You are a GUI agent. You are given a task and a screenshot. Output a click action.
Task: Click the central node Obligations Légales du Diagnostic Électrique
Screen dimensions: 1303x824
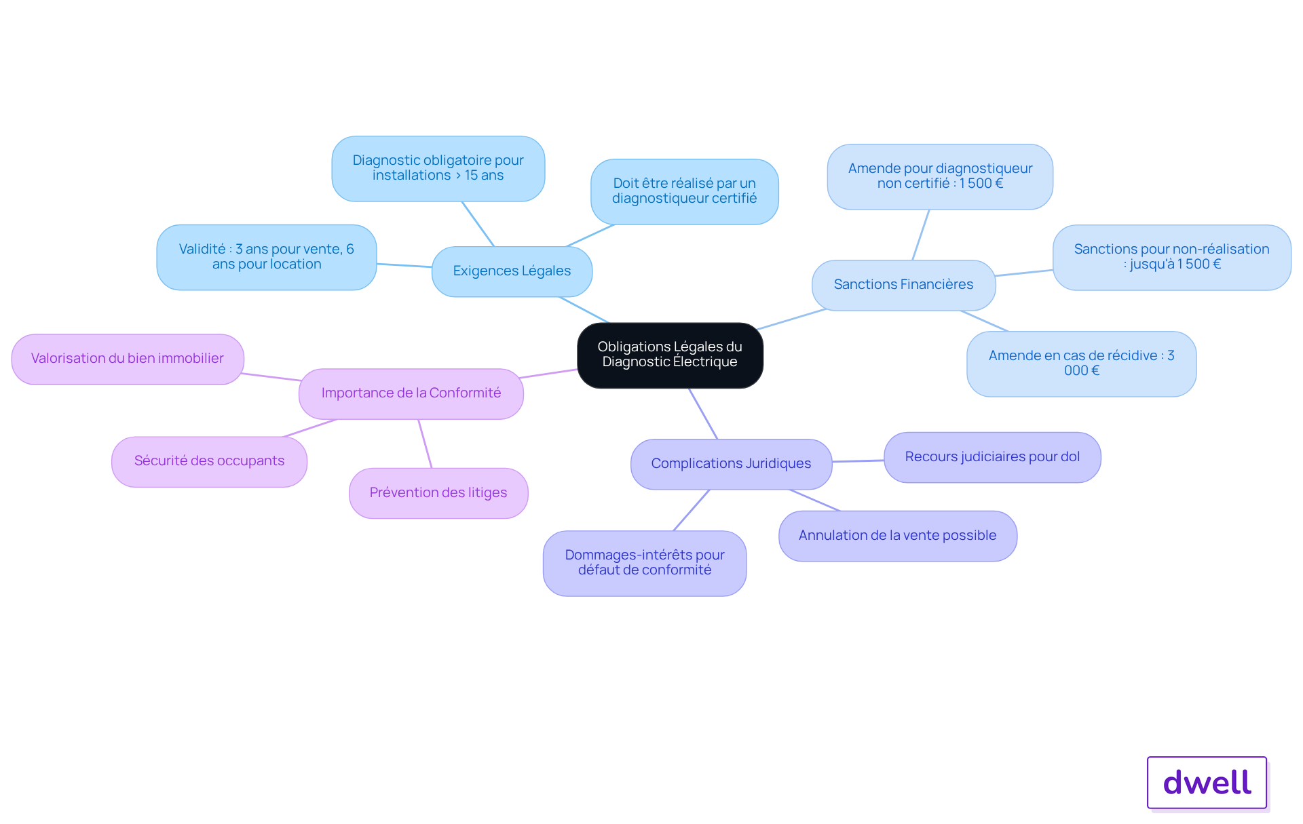pos(670,355)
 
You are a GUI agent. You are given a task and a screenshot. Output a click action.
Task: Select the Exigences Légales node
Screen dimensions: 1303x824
pos(512,271)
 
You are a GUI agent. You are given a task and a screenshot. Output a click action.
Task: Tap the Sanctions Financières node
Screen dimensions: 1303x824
pos(903,285)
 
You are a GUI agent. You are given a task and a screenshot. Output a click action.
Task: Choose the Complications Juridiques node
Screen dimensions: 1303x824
pos(731,464)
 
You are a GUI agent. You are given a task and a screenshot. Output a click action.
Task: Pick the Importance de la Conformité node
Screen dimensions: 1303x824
pos(411,393)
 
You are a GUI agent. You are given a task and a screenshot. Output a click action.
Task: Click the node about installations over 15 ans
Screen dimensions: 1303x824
pos(438,168)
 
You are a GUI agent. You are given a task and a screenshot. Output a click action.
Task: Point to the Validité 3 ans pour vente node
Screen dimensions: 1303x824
pos(266,257)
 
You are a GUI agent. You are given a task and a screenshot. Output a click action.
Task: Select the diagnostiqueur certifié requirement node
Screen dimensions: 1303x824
pos(684,191)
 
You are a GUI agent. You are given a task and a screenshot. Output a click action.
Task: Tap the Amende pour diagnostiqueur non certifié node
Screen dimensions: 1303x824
pos(940,176)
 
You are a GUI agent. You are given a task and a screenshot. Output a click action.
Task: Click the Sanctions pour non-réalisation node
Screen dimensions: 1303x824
pos(1171,257)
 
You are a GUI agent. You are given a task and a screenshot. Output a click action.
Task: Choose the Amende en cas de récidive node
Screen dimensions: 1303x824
pos(1081,364)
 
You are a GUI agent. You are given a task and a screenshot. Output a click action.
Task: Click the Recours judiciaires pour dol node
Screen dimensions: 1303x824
pos(992,457)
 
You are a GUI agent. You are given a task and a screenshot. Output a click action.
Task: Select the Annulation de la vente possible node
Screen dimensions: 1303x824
pos(897,536)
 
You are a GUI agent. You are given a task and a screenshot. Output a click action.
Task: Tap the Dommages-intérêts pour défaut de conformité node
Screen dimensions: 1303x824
pos(645,563)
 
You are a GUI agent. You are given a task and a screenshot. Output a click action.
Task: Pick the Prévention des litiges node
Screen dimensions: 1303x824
pos(438,493)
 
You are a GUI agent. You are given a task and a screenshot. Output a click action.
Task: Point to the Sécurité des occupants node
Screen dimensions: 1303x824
pos(209,461)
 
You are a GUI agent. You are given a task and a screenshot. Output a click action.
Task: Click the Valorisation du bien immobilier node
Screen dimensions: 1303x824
pos(128,359)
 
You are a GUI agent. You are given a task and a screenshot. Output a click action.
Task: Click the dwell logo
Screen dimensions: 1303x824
pos(1207,783)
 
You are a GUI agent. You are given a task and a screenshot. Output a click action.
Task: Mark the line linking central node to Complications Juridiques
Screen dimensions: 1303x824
pos(703,414)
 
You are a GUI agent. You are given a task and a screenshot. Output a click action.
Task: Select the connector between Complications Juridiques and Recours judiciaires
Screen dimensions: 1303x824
pos(858,460)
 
